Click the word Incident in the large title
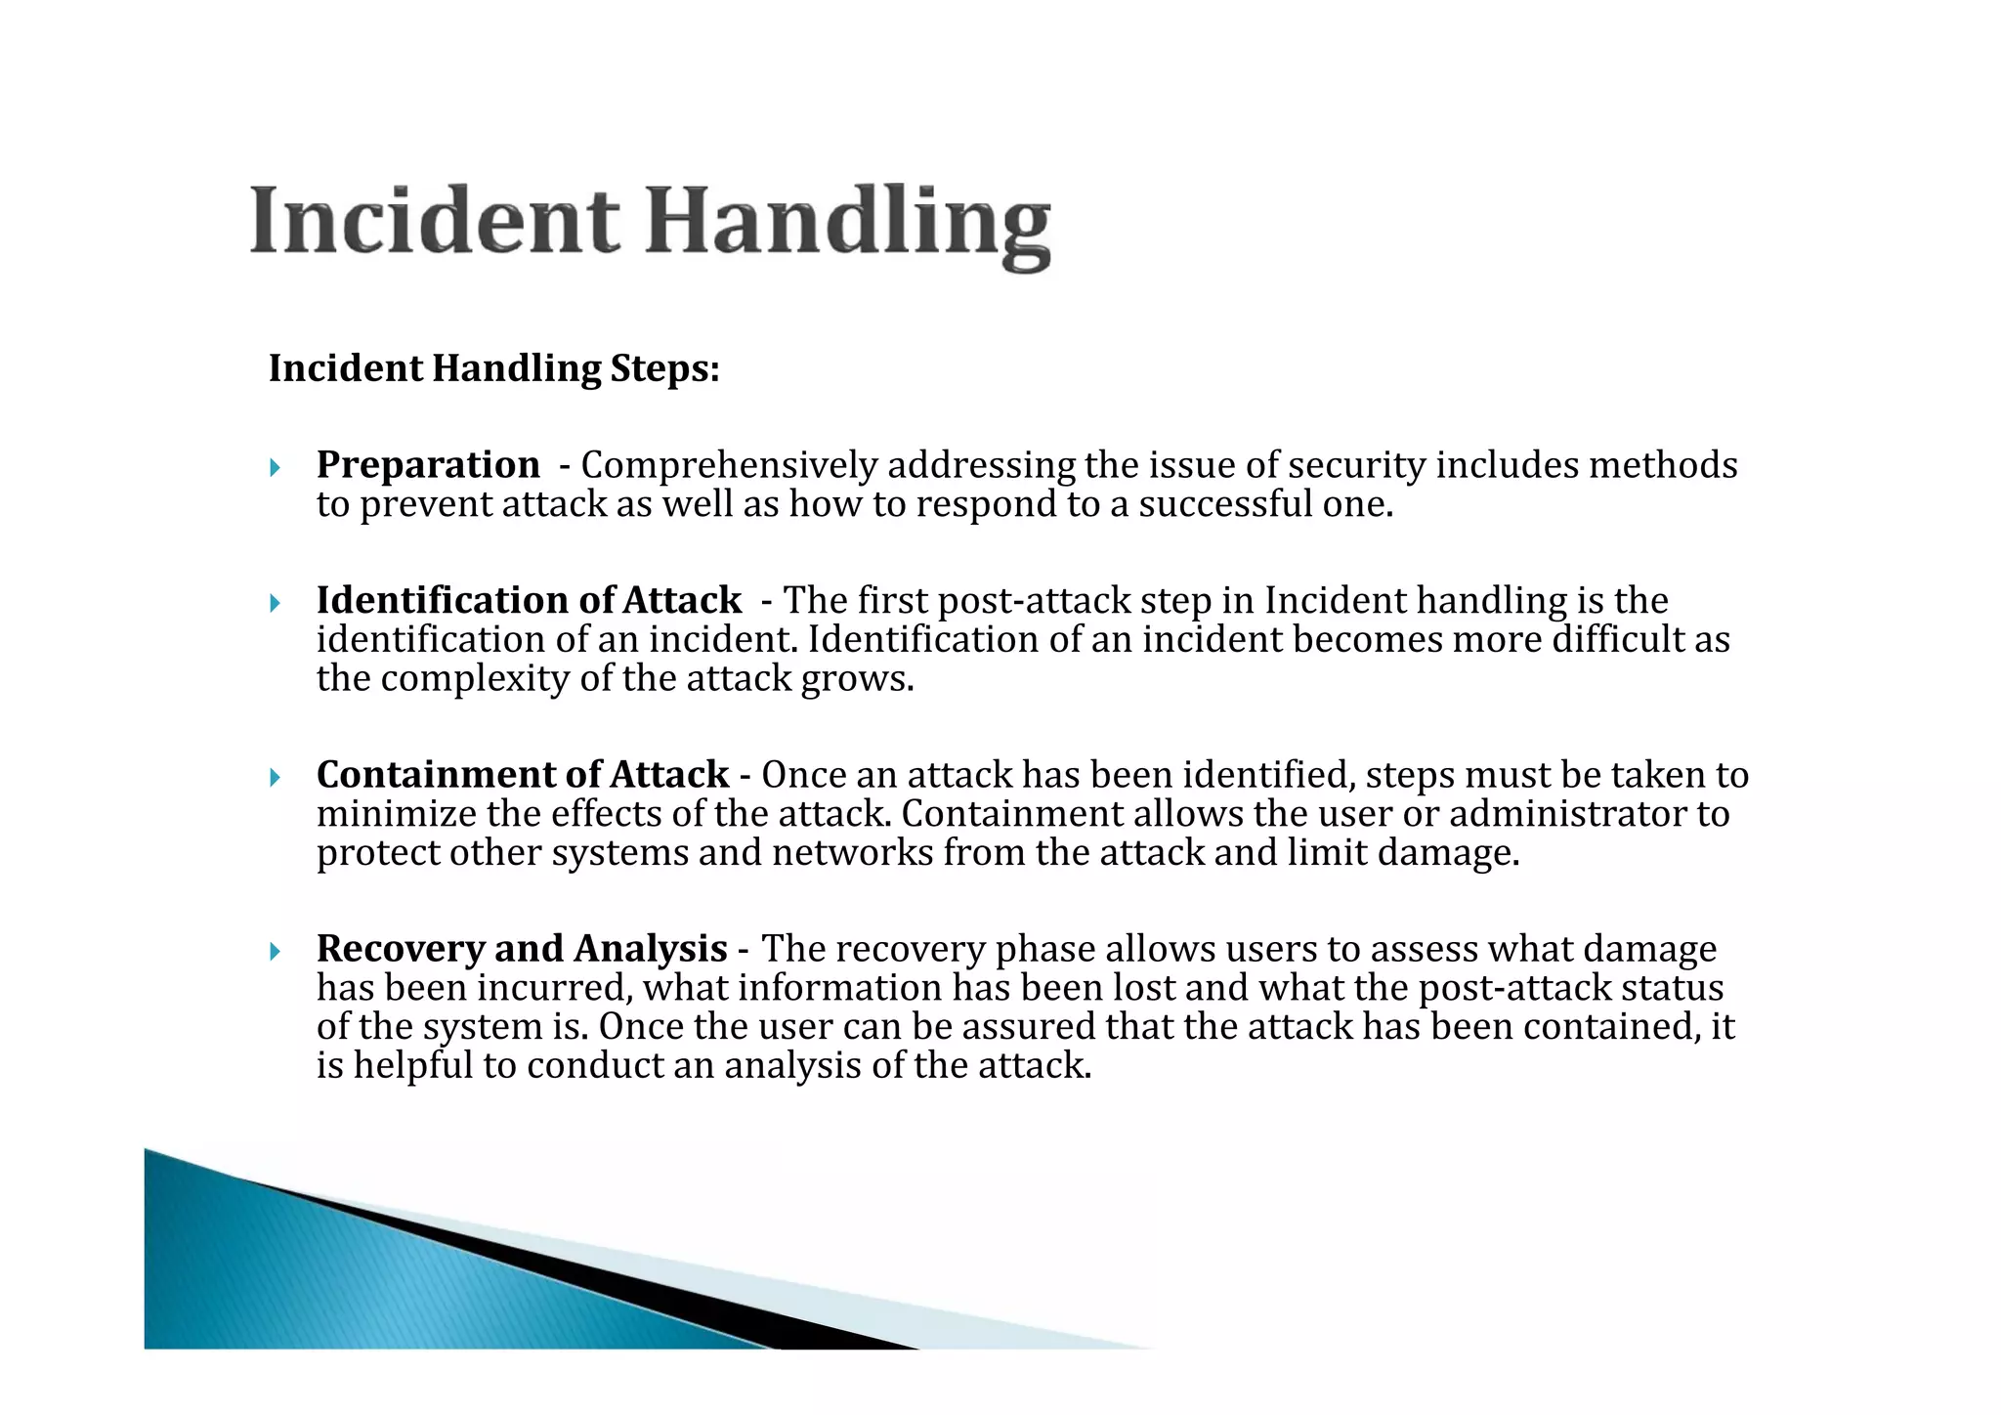pos(434,221)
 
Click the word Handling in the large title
pos(848,225)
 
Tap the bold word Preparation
pos(428,465)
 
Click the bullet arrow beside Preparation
pos(276,467)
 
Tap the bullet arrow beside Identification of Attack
pos(276,602)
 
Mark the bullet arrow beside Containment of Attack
pos(276,777)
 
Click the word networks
pos(852,853)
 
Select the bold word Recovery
pos(401,949)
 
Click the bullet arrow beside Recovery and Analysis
pos(276,951)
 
